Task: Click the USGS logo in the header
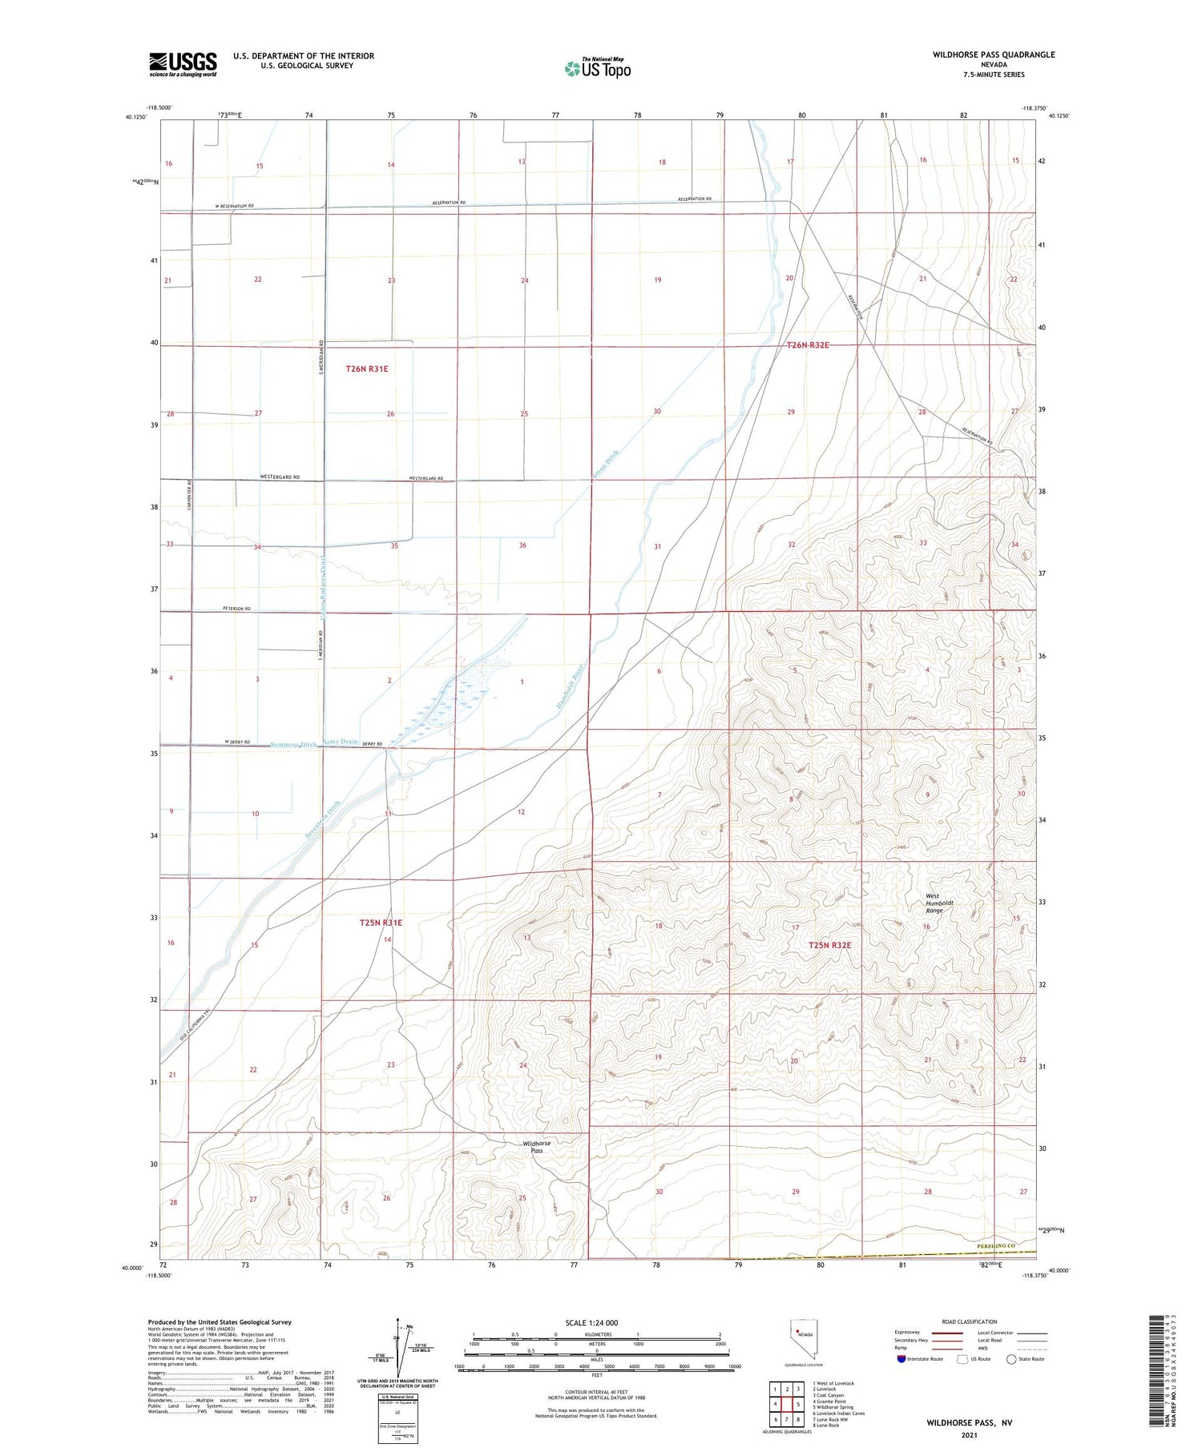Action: click(x=183, y=64)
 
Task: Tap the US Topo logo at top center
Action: click(x=597, y=69)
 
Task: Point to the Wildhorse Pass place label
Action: click(x=537, y=1147)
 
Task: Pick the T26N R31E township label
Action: click(x=367, y=368)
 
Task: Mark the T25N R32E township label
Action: click(x=829, y=945)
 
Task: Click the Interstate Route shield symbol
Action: click(x=902, y=1358)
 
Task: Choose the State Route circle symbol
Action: click(x=1011, y=1358)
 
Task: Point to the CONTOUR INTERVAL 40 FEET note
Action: click(x=596, y=1392)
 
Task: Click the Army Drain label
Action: click(x=340, y=742)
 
